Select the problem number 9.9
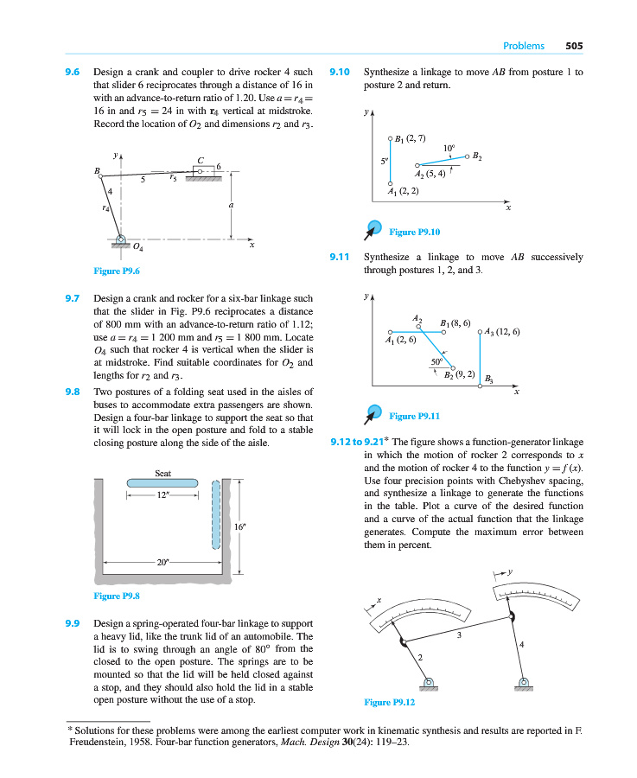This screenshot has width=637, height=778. coord(73,623)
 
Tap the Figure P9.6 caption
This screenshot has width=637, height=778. coord(117,271)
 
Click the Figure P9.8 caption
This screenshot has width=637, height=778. coord(117,596)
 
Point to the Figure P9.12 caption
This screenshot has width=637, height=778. coord(391,702)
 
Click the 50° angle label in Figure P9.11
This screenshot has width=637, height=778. coord(436,360)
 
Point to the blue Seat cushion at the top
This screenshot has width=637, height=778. coord(162,483)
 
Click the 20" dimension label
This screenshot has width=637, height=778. coord(163,562)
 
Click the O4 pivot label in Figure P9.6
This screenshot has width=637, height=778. coord(138,249)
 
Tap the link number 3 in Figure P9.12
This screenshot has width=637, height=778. coord(459,635)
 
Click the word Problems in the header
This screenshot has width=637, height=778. coord(524,46)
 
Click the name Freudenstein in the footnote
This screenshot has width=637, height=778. coord(98,741)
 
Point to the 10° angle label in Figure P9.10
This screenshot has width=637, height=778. coord(448,148)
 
